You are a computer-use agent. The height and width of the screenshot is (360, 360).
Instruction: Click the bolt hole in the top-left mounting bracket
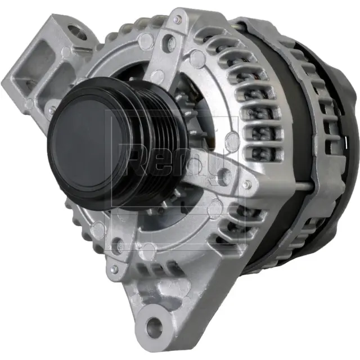click(x=76, y=32)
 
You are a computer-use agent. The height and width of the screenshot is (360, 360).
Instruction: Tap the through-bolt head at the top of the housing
click(x=178, y=21)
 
